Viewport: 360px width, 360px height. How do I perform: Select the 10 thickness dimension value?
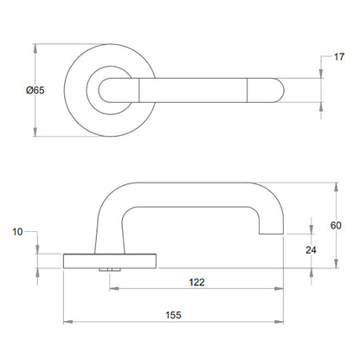pyautogui.click(x=18, y=232)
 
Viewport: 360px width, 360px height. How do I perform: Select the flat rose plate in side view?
pyautogui.click(x=111, y=260)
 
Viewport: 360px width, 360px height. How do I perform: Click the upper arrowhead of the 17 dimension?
pyautogui.click(x=322, y=74)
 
